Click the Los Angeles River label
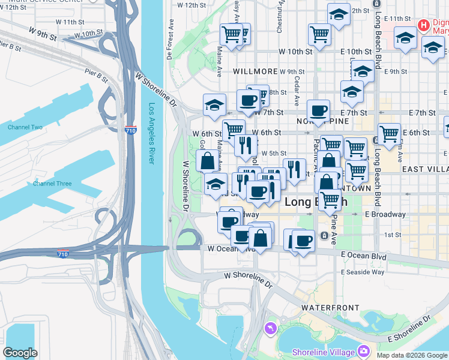coord(152,134)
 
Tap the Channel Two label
coord(25,127)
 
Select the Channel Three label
coord(52,184)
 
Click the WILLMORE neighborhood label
coord(255,71)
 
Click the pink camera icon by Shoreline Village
coord(363,351)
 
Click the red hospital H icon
coord(424,25)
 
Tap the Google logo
coord(20,353)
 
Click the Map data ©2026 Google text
coord(412,355)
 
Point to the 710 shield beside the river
coord(130,130)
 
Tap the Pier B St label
coord(96,76)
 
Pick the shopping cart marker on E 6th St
coord(390,134)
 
